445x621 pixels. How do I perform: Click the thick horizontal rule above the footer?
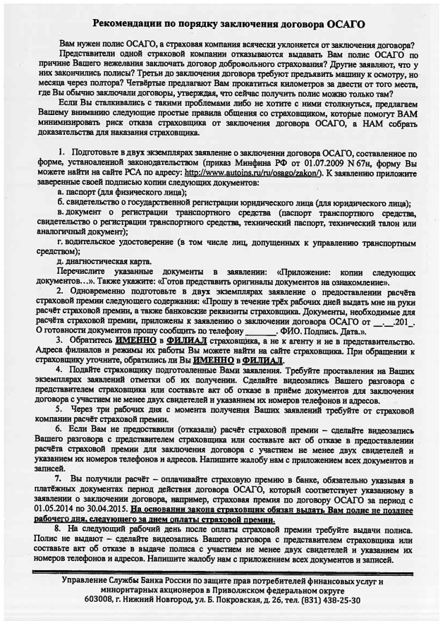pyautogui.click(x=222, y=569)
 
